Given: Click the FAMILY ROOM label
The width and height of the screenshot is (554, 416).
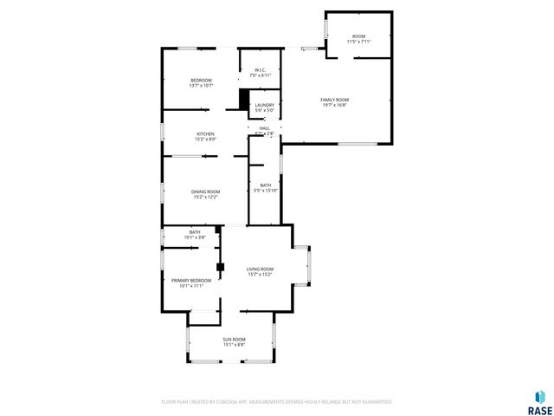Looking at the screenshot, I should tap(334, 100).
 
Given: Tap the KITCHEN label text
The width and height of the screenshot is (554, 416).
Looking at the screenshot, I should tap(205, 133).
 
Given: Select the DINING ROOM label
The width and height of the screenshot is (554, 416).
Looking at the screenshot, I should tap(206, 192).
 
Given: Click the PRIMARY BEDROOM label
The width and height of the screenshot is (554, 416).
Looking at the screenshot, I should tap(191, 280).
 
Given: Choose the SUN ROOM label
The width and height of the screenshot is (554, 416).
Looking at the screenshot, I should tap(234, 339).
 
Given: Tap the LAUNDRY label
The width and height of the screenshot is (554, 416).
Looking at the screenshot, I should tap(265, 105).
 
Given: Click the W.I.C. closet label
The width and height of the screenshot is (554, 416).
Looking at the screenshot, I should tap(260, 70).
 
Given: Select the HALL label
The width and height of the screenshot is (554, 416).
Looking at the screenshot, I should tap(264, 128).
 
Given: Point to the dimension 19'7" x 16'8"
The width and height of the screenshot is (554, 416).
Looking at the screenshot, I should tap(334, 105).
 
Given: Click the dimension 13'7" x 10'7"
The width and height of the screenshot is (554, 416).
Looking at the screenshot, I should tap(202, 85).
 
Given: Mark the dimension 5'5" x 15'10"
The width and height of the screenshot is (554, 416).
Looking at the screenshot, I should tap(266, 191).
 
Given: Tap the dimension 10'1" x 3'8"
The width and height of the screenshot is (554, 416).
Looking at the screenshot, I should tap(195, 237).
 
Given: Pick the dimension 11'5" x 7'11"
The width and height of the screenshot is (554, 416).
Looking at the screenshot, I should tap(358, 41).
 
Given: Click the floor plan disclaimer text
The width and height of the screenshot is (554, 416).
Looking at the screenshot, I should tap(277, 401).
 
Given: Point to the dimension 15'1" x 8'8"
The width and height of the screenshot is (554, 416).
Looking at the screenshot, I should tap(234, 344).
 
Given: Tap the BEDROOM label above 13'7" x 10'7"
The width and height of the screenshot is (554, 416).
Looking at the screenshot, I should tap(202, 80).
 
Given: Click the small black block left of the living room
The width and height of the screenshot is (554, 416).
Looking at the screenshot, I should tap(221, 267).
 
